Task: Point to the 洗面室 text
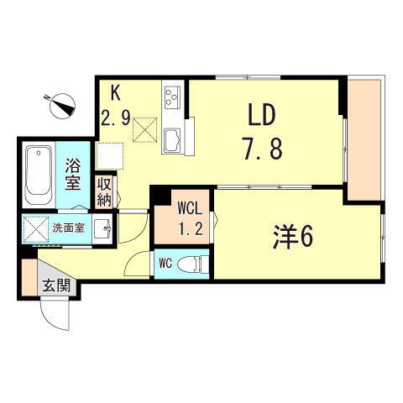pos(68,227)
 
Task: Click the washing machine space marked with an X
pos(36,228)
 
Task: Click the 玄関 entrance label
pos(56,285)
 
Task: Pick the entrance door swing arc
pos(56,317)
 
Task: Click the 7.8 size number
pos(262,149)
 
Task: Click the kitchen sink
pos(174,138)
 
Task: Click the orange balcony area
pos(364,139)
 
